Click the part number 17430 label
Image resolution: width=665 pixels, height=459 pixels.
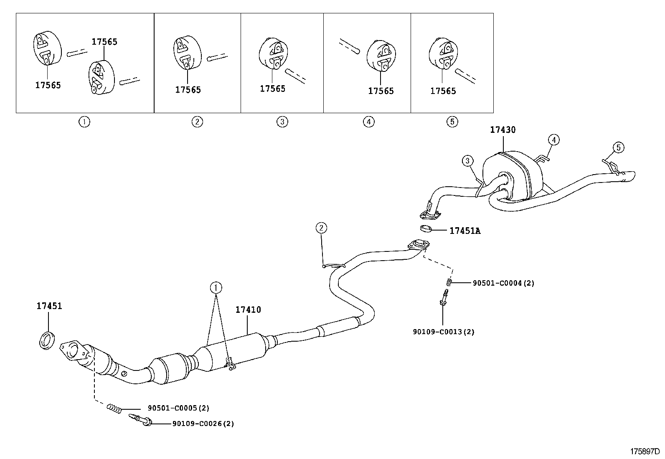pos(503,130)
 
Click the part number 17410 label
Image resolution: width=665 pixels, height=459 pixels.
pos(248,310)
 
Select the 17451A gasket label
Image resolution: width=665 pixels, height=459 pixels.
pos(464,231)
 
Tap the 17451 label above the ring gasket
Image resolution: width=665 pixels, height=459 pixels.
pos(49,306)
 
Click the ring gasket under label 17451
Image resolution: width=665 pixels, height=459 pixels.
pos(47,340)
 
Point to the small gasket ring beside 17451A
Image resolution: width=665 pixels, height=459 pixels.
pos(426,228)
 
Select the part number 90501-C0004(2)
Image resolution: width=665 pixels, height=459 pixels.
pos(503,283)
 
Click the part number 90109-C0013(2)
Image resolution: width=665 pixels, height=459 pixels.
pos(444,332)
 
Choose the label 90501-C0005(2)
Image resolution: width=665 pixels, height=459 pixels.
pos(178,408)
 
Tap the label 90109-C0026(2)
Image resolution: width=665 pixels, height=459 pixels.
pos(203,424)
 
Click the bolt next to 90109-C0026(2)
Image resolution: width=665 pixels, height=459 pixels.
pos(140,420)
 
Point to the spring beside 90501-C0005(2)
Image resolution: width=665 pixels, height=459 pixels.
pos(114,408)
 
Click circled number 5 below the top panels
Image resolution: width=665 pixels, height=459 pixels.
pos(452,122)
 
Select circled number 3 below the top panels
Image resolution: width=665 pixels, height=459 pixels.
pos(282,122)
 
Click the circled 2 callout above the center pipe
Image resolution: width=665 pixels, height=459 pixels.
pos(321,228)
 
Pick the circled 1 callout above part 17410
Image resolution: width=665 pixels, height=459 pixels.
pos(216,287)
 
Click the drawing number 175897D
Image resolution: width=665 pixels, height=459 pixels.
pos(645,451)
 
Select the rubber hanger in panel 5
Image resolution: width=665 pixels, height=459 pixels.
pos(443,54)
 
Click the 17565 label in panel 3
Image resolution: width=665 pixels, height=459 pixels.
pos(272,89)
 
